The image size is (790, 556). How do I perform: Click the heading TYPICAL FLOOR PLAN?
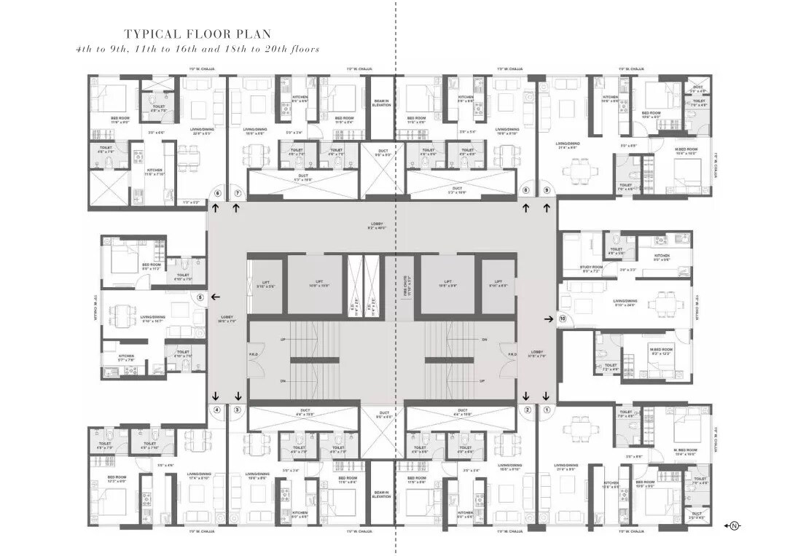(x=197, y=34)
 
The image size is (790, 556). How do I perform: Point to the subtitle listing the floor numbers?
(x=197, y=49)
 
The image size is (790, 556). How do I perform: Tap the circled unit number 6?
(x=216, y=193)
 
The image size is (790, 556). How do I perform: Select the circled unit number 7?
(x=237, y=193)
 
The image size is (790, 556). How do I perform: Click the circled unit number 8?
(x=525, y=191)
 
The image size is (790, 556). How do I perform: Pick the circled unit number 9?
(x=547, y=191)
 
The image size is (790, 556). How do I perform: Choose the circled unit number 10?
(x=562, y=318)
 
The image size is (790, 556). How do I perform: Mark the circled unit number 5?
(x=200, y=297)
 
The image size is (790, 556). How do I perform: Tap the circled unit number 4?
(x=216, y=410)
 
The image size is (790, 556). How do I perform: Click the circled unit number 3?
(x=237, y=410)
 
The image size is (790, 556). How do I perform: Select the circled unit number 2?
(x=527, y=410)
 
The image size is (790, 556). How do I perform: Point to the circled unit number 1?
(x=547, y=410)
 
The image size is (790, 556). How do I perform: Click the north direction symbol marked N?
(x=734, y=525)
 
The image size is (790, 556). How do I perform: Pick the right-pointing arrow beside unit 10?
(x=548, y=318)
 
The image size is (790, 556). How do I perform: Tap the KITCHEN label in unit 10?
(x=662, y=257)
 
